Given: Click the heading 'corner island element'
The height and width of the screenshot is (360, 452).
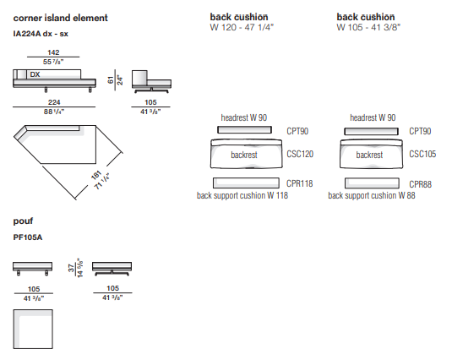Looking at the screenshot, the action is [60, 18].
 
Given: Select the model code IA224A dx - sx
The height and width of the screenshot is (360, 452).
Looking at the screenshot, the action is [41, 34].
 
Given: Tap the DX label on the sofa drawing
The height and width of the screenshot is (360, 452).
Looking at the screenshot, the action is [35, 74].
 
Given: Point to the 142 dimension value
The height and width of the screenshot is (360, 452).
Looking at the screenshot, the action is [53, 52].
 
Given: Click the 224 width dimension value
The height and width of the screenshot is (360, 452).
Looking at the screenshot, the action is [54, 102].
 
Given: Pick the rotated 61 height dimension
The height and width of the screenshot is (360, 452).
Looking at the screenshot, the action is [111, 79].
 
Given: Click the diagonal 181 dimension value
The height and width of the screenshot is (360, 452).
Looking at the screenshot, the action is [96, 175].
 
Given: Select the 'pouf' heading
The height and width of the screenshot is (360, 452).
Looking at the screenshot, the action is [23, 221].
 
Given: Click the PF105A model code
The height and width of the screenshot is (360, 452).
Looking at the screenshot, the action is [28, 237].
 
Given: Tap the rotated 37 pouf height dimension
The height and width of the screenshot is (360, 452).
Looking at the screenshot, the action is [71, 268].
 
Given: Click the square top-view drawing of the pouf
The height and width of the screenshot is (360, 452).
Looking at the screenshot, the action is [33, 330].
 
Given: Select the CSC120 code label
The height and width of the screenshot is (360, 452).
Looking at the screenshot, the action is [300, 154].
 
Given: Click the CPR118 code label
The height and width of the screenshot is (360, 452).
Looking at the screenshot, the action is [300, 183].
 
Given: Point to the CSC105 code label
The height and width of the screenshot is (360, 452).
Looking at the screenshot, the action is [422, 154].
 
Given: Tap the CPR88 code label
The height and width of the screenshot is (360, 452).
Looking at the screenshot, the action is [420, 184].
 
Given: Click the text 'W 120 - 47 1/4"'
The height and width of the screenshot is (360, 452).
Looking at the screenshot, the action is [242, 27].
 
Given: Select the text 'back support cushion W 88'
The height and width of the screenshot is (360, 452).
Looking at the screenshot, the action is [372, 195].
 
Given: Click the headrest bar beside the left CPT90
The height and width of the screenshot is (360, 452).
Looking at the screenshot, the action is [244, 129].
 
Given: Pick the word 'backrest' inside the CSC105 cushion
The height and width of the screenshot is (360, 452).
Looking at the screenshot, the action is [369, 155].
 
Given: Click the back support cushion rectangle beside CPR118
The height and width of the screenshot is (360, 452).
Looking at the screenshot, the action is [246, 183].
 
